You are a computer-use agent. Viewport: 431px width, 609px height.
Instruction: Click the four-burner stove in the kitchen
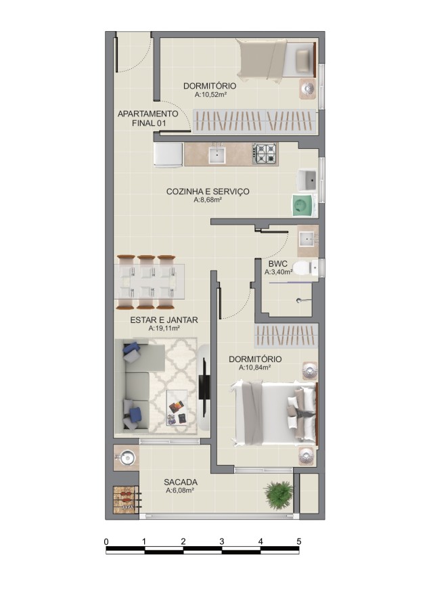tap(265, 154)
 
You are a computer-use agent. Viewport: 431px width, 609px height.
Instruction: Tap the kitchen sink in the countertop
tap(217, 154)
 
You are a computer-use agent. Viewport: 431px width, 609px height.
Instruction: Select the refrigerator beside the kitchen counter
tap(168, 155)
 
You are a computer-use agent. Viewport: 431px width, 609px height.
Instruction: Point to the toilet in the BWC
tap(304, 268)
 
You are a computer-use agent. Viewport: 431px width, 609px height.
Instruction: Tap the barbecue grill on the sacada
tap(127, 500)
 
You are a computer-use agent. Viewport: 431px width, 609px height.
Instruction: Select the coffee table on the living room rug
tap(178, 407)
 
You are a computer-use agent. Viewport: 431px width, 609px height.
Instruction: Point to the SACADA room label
tap(181, 482)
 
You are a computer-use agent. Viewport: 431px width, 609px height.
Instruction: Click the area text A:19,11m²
tap(164, 328)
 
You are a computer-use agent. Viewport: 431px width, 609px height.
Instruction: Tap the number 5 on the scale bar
tap(298, 541)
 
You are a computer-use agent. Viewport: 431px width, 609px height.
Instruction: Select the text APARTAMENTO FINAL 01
tap(148, 118)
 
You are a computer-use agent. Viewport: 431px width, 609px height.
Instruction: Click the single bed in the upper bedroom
tap(276, 60)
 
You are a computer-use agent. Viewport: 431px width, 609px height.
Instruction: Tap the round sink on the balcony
tap(126, 457)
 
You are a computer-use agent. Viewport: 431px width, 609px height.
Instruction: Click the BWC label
tap(277, 264)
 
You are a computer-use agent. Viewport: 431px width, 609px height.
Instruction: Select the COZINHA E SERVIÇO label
tap(208, 191)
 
